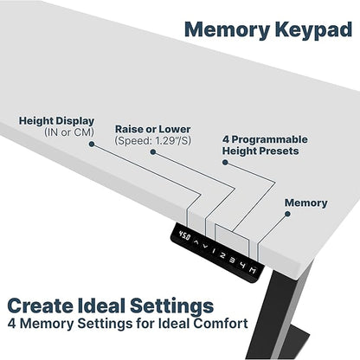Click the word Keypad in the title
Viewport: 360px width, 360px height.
click(x=313, y=30)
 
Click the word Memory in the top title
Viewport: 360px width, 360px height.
click(x=228, y=30)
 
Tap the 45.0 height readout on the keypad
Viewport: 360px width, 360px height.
click(x=184, y=235)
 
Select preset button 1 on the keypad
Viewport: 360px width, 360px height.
click(x=214, y=251)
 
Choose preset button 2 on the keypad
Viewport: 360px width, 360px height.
click(x=222, y=255)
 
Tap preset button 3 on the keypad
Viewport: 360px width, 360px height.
click(x=232, y=260)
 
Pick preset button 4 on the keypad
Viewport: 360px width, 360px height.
click(x=242, y=266)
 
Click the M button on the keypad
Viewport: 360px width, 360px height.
click(x=253, y=271)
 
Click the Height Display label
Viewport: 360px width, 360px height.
click(x=56, y=121)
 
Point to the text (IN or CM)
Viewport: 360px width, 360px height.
click(x=69, y=132)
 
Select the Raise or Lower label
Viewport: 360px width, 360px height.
click(x=153, y=129)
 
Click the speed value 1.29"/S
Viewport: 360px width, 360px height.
click(x=172, y=141)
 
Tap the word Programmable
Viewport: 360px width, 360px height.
click(x=270, y=139)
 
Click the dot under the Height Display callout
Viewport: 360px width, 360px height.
click(x=92, y=144)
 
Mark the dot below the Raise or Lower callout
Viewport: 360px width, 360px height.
click(x=153, y=152)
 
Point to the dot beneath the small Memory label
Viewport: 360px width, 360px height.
click(x=287, y=214)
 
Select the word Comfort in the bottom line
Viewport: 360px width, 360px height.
click(x=221, y=324)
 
